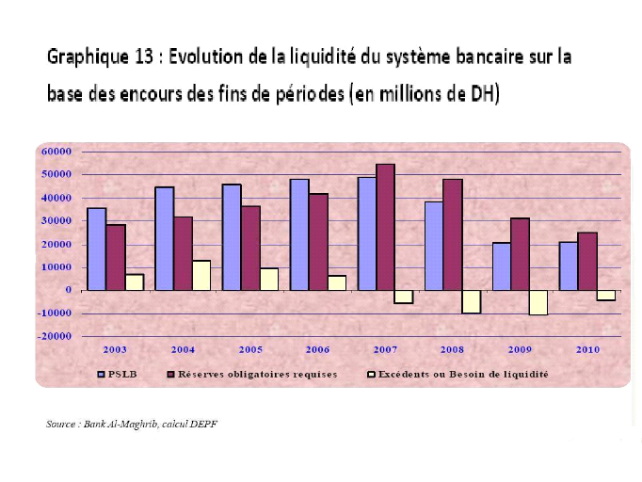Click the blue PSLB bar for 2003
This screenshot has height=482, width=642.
pyautogui.click(x=96, y=249)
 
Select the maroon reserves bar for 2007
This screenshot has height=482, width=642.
pyautogui.click(x=386, y=227)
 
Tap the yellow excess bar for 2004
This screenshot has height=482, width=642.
pyautogui.click(x=201, y=275)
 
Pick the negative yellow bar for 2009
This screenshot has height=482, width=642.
pyautogui.click(x=538, y=302)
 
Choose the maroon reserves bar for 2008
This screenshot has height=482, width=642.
pyautogui.click(x=453, y=234)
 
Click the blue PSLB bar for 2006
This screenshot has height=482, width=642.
pyautogui.click(x=299, y=234)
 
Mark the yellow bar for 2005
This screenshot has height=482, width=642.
pyautogui.click(x=269, y=280)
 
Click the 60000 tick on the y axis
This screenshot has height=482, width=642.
pyautogui.click(x=56, y=152)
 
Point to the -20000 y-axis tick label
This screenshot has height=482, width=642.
pyautogui.click(x=54, y=336)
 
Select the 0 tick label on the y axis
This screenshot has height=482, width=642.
pyautogui.click(x=69, y=290)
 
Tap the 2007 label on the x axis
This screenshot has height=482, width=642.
pyautogui.click(x=385, y=350)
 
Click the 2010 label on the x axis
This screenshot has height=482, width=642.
pyautogui.click(x=588, y=350)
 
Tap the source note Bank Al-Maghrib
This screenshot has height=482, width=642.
pyautogui.click(x=132, y=425)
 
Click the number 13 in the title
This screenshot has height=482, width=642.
pyautogui.click(x=145, y=56)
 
